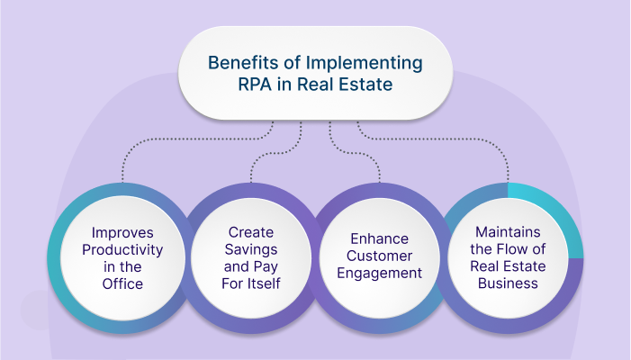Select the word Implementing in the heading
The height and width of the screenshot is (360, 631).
[365, 63]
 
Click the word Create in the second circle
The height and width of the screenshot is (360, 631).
[248, 233]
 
